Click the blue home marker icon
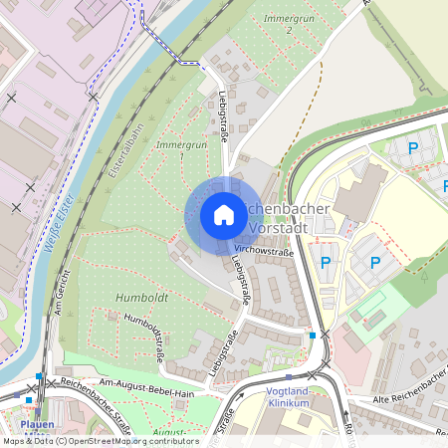pos(224,215)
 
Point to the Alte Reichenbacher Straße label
pos(403,399)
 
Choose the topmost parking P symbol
pos(413,148)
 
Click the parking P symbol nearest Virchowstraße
pos(326,262)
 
